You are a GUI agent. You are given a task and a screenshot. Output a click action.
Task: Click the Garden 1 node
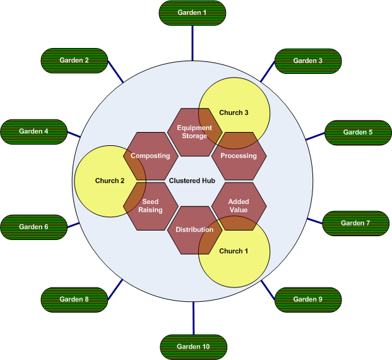(x=193, y=13)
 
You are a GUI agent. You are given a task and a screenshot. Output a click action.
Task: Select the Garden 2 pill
(x=74, y=60)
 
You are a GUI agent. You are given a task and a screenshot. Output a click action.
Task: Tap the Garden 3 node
(x=308, y=61)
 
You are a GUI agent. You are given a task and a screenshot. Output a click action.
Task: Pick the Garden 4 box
(x=33, y=131)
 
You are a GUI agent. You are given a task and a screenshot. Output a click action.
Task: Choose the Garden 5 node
(x=358, y=132)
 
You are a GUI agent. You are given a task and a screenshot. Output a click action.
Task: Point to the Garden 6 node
(x=33, y=226)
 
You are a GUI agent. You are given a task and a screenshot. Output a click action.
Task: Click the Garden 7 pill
(x=355, y=223)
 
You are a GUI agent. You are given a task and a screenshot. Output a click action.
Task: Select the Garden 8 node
(x=74, y=299)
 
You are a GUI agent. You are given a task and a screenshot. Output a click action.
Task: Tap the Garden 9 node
(x=308, y=299)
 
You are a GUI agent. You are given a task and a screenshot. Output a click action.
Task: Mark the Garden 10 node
(x=193, y=347)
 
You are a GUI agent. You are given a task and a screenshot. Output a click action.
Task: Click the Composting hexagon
(x=150, y=156)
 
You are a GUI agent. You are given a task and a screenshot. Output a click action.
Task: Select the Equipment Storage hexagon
(x=194, y=131)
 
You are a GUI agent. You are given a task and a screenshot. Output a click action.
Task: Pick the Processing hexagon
(x=239, y=156)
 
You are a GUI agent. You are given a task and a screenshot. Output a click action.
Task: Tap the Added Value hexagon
(x=239, y=205)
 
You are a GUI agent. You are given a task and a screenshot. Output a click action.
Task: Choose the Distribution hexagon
(x=194, y=230)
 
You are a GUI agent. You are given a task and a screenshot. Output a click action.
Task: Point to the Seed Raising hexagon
(x=150, y=205)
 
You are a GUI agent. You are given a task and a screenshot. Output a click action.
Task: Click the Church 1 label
(x=234, y=251)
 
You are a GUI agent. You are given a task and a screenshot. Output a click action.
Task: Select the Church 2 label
(x=110, y=181)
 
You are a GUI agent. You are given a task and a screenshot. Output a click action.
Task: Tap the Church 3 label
(x=234, y=112)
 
